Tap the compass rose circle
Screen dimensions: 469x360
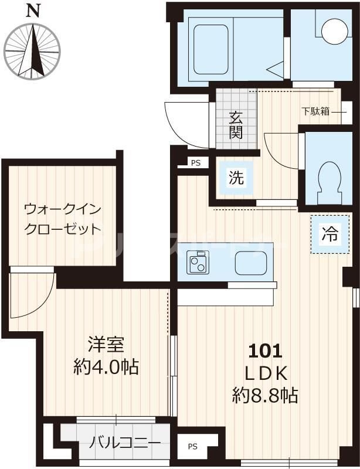point(33,50)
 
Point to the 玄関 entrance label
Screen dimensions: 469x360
point(235,124)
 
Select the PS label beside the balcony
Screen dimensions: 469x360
point(193,447)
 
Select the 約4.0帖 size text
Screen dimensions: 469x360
point(106,368)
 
